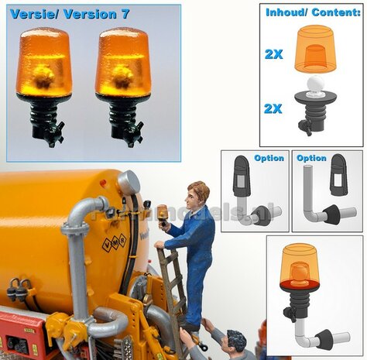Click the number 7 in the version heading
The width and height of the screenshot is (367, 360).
click(x=125, y=14)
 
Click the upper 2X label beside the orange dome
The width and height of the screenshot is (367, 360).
click(x=273, y=53)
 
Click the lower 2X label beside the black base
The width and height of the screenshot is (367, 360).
click(x=273, y=108)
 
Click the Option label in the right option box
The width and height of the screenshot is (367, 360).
click(x=311, y=158)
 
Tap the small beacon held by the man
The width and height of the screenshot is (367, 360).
click(x=163, y=212)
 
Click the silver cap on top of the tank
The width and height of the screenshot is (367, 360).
click(x=129, y=182)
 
